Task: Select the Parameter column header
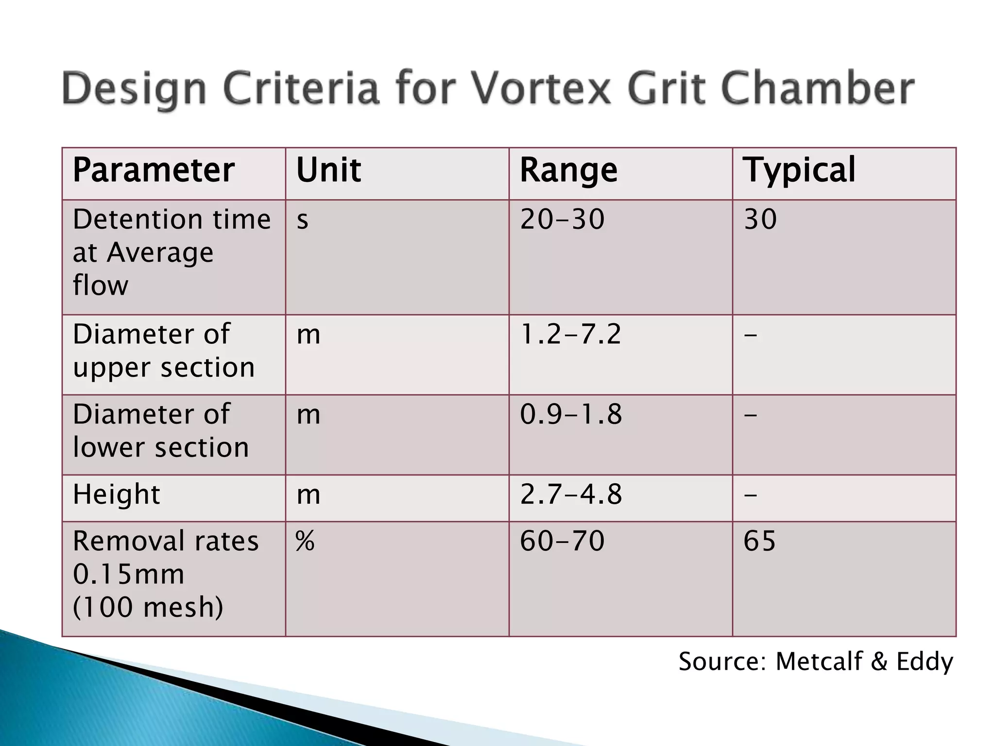coord(154,170)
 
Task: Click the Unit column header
coord(328,170)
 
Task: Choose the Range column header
coord(568,171)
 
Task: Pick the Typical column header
coord(799,170)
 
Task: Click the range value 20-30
coord(562,219)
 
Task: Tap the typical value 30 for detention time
coord(760,219)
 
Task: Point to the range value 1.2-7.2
coord(570,335)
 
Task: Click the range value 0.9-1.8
coord(571,415)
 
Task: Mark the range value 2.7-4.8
coord(571,494)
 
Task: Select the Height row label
coord(116,494)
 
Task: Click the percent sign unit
coord(305,541)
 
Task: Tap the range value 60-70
coord(562,541)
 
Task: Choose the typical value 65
coord(759,541)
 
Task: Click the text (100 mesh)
coord(148,607)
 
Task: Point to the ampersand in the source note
coord(879,661)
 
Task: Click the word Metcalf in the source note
coord(819,661)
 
